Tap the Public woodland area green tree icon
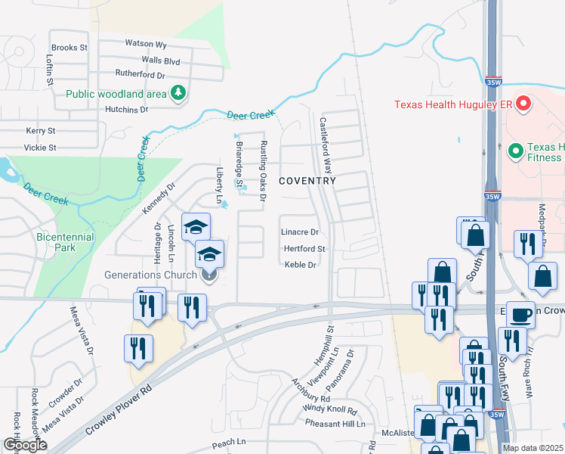point(179,94)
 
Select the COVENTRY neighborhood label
point(307,181)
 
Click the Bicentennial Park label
point(66,243)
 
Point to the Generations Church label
point(151,275)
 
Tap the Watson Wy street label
point(146,44)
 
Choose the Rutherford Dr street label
point(140,75)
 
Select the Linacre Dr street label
point(300,232)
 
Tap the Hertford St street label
point(304,248)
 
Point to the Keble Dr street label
point(300,265)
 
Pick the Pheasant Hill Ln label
point(335,423)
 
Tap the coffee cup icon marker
point(520,314)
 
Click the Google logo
point(25,445)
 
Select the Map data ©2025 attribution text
point(533,448)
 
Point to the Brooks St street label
point(69,48)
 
